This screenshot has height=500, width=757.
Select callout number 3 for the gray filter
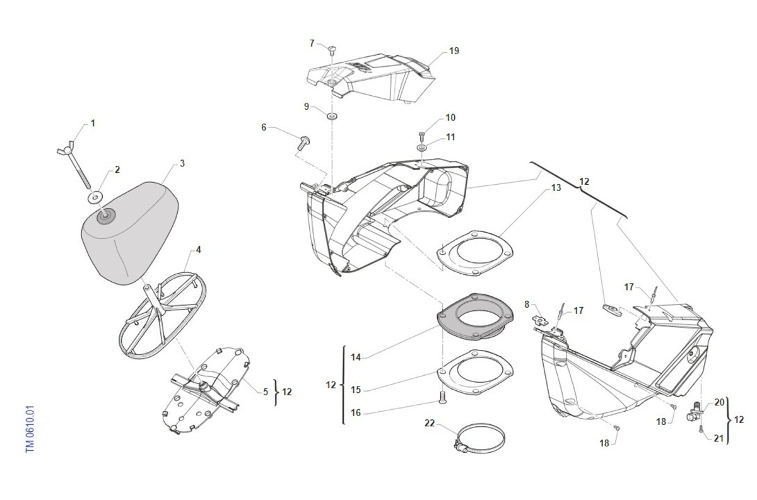click(182, 163)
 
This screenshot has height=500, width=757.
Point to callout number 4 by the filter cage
click(198, 250)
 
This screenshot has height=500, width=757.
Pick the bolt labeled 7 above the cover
click(332, 50)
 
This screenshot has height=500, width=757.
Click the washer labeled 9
click(331, 117)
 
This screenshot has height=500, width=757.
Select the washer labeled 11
click(422, 148)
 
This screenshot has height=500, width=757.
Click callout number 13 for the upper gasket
click(556, 187)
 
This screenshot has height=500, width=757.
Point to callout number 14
click(356, 357)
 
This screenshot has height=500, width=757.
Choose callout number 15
click(356, 390)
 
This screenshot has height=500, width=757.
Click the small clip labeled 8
click(541, 318)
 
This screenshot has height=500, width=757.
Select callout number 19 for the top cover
click(454, 51)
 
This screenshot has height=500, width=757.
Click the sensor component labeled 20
click(695, 411)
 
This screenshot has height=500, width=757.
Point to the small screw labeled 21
click(701, 428)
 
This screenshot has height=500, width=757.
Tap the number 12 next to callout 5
click(286, 392)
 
